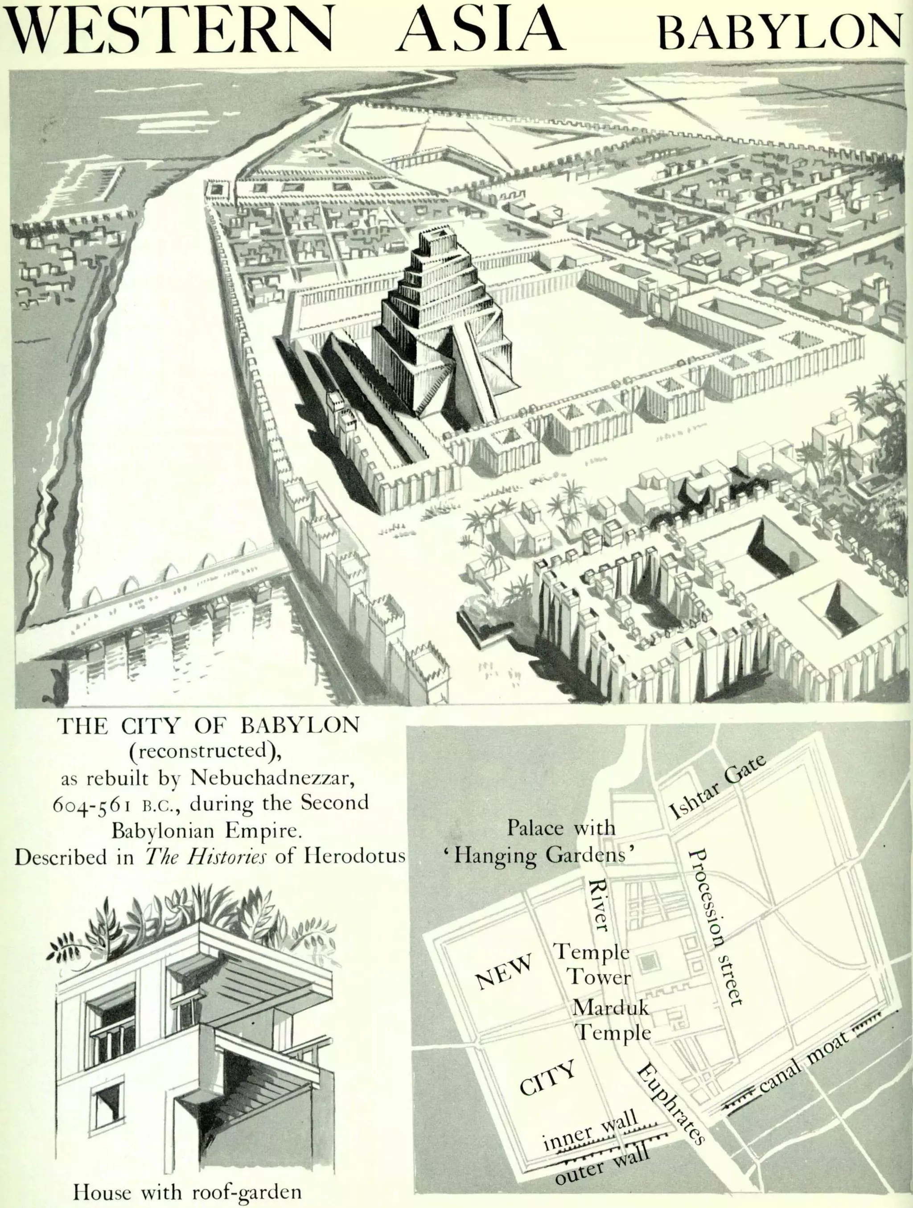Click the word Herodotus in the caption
[x=354, y=856]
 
